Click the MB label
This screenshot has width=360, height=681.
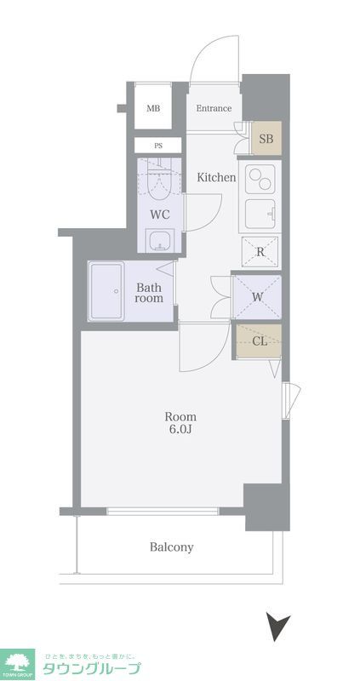tap(153, 109)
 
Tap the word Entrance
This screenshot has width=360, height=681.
tap(214, 109)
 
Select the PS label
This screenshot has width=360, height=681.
tap(158, 146)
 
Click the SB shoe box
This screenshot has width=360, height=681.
tap(266, 139)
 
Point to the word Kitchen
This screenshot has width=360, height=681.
tap(217, 177)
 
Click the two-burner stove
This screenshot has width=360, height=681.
tap(260, 179)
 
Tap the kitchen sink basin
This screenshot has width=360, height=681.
tap(260, 214)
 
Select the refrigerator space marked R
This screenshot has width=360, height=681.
tap(260, 252)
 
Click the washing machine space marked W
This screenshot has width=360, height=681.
tap(257, 297)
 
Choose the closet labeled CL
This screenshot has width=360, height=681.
tap(259, 341)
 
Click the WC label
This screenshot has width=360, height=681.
tap(159, 215)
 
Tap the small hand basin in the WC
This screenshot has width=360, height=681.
tap(160, 240)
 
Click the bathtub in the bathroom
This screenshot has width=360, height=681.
tap(106, 291)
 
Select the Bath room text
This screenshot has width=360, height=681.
tap(149, 293)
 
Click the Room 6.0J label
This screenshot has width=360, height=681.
tap(180, 423)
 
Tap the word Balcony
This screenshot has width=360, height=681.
tap(172, 547)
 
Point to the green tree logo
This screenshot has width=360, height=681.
tap(17, 662)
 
